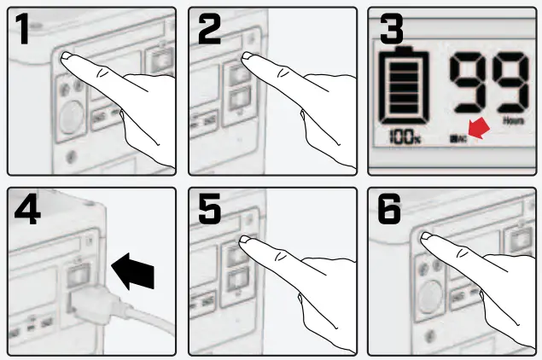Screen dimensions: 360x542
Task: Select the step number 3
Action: click(391, 32)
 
